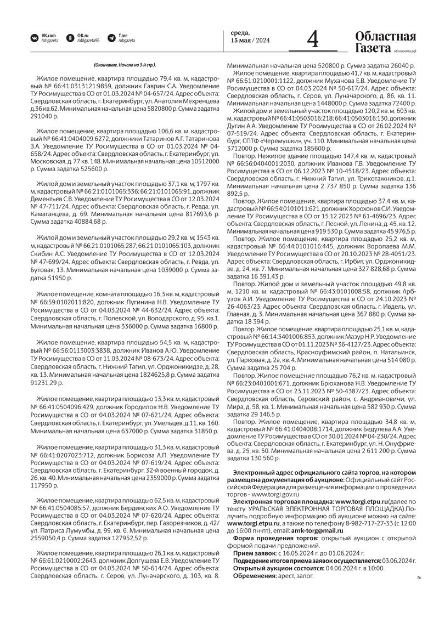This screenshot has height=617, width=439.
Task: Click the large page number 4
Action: click(x=313, y=39)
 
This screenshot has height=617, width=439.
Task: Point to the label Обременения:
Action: click(x=255, y=575)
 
